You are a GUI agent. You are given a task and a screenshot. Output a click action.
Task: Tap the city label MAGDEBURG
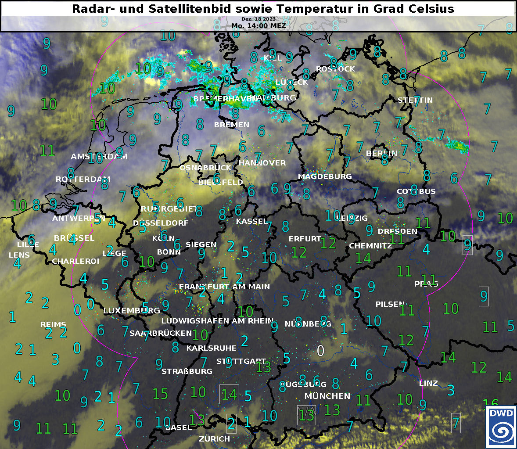tap(325, 176)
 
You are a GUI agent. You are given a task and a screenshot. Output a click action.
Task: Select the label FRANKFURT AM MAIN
tap(224, 287)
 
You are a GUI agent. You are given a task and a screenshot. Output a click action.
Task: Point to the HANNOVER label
tap(262, 163)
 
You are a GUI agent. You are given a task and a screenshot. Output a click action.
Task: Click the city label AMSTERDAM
tap(99, 157)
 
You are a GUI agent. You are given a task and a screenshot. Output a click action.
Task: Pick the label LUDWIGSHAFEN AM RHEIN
tap(217, 321)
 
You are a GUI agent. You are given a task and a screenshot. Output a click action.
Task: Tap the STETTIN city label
tap(415, 100)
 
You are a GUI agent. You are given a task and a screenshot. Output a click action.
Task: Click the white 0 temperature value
tap(321, 351)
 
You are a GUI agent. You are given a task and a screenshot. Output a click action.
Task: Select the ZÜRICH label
tap(214, 438)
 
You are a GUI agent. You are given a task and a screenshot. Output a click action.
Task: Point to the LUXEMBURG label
tap(132, 311)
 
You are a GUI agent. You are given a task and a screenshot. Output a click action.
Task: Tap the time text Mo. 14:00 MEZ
tap(258, 26)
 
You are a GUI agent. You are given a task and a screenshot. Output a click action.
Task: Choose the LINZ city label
tap(428, 383)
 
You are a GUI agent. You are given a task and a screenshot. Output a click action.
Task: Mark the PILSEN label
tap(390, 304)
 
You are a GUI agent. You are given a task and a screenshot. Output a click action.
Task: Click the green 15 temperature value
tap(160, 394)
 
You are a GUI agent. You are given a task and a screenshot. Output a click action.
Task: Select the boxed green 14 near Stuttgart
tap(229, 395)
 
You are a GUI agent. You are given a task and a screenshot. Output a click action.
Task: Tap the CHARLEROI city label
tap(75, 261)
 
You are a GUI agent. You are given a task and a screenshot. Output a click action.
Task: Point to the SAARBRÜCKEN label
tap(161, 333)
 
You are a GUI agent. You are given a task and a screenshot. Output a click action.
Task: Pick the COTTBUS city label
tap(416, 191)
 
